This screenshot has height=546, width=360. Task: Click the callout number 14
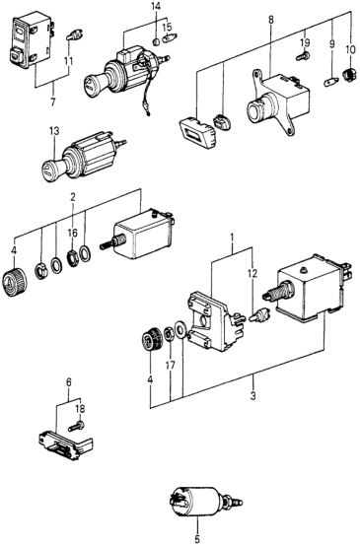156,7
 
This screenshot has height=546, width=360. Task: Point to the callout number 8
271,20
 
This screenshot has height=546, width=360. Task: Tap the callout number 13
54,131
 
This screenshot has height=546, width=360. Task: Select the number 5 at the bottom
197,539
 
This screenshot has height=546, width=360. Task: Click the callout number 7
53,103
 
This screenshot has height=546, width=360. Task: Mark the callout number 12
252,274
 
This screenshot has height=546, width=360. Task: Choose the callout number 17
171,366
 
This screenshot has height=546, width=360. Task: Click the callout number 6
69,382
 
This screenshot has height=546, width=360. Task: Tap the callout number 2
72,197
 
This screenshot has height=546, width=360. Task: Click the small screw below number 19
303,56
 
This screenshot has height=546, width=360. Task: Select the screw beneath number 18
77,426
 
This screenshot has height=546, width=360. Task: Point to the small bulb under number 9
330,83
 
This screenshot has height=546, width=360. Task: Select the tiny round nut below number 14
157,42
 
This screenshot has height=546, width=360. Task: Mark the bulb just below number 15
171,36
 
